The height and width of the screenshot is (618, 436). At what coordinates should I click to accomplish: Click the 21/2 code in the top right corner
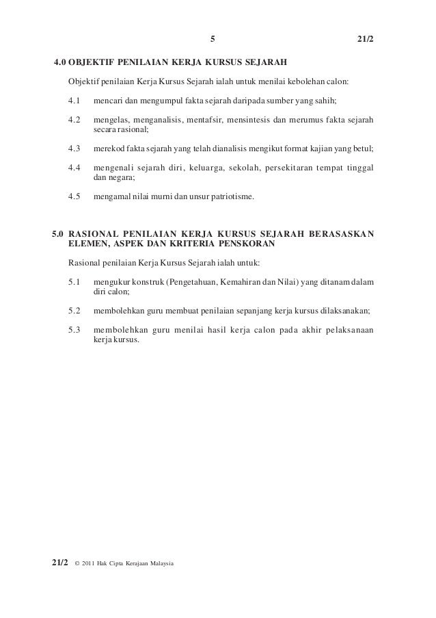point(366,38)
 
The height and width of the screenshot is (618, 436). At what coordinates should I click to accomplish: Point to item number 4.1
point(74,101)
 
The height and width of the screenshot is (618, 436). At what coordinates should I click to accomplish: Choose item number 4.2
point(74,120)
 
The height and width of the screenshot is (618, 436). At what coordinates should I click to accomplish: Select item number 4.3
point(74,149)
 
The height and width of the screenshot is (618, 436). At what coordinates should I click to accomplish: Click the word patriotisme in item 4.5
point(230,196)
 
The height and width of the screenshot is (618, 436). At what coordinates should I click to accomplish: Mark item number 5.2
point(74,310)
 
